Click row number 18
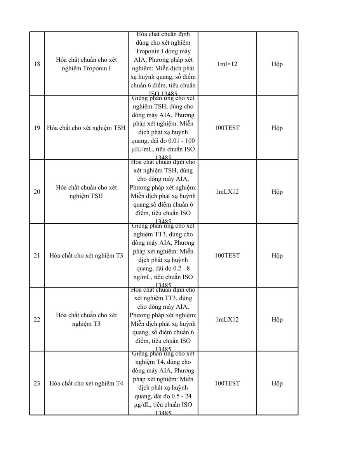[37, 64]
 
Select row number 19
[37, 128]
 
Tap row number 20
[37, 192]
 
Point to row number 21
[37, 256]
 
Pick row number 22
[37, 320]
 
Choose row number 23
[37, 383]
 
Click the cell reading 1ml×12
[227, 64]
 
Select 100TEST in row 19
[227, 128]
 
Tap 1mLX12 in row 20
[227, 192]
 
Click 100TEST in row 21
[227, 256]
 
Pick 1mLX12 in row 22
[227, 320]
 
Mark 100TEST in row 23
[227, 383]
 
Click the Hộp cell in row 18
[277, 64]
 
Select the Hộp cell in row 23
[277, 383]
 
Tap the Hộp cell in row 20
[277, 192]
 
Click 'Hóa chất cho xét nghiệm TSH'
[86, 128]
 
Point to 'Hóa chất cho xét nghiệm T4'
[86, 383]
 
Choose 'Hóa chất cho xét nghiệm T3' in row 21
[86, 256]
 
